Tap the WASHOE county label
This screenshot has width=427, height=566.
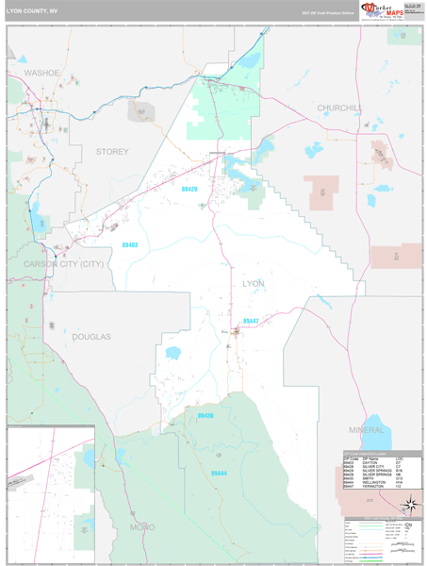[41, 73]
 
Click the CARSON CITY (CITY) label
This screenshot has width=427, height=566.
[63, 263]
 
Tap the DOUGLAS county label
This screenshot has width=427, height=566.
[91, 336]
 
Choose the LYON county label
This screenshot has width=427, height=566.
[254, 283]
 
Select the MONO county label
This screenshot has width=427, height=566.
[143, 525]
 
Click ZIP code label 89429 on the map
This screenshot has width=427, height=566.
[190, 189]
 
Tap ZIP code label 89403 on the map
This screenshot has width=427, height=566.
[129, 244]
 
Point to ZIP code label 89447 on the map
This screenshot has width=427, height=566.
[251, 321]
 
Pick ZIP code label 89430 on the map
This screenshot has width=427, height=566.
[206, 415]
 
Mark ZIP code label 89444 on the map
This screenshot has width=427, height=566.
[220, 473]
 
